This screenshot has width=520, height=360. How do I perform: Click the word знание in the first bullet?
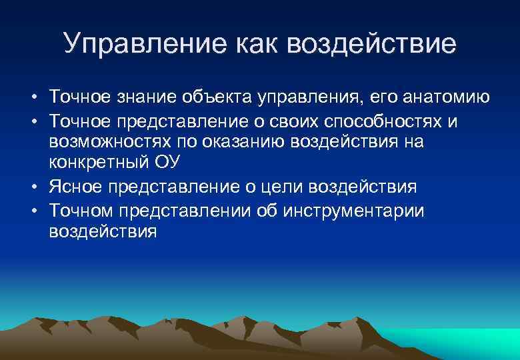pos(143,98)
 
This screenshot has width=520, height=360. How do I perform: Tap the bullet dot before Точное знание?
pos(33,99)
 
